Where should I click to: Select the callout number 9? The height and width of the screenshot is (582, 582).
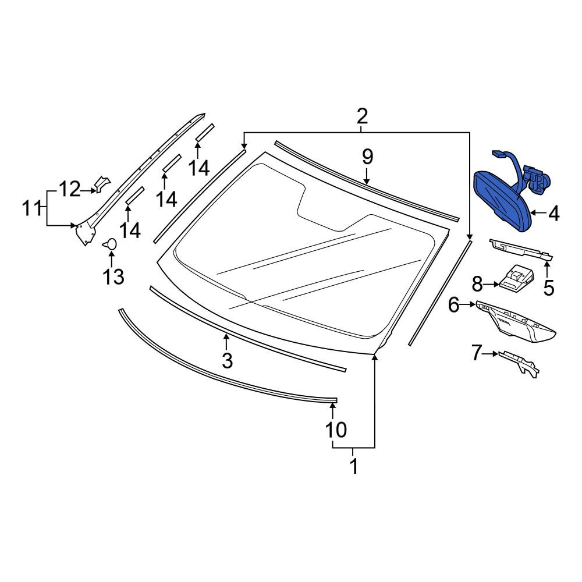coord(367,157)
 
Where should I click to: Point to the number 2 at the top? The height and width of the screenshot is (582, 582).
coord(361,116)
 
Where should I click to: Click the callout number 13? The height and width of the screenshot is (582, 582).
coord(113,277)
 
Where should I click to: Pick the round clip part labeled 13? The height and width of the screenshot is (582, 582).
coord(110,244)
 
